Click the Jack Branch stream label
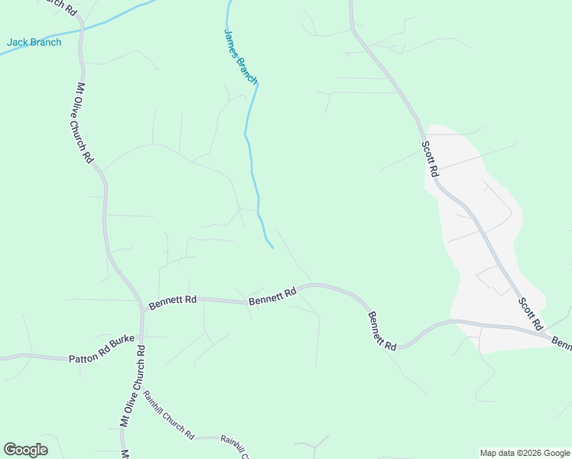point(34,42)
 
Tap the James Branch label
point(240,57)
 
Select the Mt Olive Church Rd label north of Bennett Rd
point(84,122)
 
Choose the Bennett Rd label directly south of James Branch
point(272,296)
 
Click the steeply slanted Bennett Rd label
point(382,330)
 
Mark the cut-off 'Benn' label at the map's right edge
point(561,340)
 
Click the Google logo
point(25,450)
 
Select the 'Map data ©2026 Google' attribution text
point(525,453)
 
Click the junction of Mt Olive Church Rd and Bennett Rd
point(142,310)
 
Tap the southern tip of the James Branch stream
point(273,248)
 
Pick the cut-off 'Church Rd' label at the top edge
point(60,6)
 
